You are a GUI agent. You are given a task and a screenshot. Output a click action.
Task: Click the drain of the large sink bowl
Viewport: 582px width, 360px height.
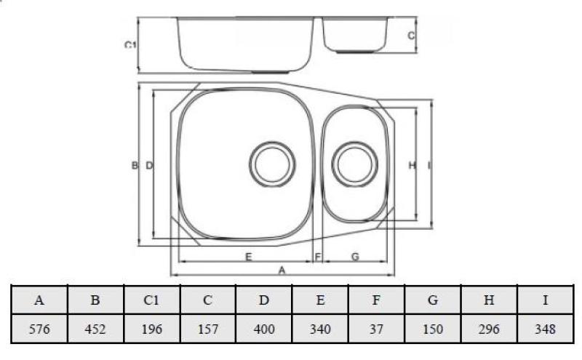pos(272,162)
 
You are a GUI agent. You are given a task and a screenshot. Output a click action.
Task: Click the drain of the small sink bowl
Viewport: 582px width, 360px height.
pos(354,161)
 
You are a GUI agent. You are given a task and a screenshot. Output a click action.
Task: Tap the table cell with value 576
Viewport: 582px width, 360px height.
pos(40,329)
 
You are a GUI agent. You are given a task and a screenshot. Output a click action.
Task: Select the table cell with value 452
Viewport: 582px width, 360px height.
pos(96,329)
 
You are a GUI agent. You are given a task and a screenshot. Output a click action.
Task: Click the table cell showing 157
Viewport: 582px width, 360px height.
pos(208,329)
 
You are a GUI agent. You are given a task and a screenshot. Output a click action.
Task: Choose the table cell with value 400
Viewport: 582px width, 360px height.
pos(264,329)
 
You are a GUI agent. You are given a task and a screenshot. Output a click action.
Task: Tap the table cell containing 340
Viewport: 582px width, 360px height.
pos(320,329)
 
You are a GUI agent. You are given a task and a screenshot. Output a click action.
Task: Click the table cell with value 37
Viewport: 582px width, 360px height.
pos(377,329)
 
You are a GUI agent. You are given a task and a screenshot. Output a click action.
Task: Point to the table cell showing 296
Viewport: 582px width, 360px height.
pos(489,329)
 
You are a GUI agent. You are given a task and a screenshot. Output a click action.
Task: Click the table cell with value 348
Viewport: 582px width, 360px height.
pos(545,329)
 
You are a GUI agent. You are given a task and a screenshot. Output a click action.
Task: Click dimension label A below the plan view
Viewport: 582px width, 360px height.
pos(282,269)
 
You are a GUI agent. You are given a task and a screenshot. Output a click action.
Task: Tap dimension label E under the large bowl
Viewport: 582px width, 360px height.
pos(249,257)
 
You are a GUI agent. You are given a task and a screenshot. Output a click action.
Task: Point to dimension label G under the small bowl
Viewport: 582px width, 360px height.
pos(354,257)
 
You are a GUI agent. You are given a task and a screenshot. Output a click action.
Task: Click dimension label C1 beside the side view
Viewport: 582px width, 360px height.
pos(130,45)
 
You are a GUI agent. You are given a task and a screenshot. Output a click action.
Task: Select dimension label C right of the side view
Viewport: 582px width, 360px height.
pos(410,35)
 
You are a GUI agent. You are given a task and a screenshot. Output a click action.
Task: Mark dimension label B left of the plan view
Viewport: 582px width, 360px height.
pos(135,166)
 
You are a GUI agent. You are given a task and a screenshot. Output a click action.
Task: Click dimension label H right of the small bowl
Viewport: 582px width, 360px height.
pos(412,166)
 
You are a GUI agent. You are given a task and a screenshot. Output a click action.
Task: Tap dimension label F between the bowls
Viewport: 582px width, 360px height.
pos(318,257)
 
